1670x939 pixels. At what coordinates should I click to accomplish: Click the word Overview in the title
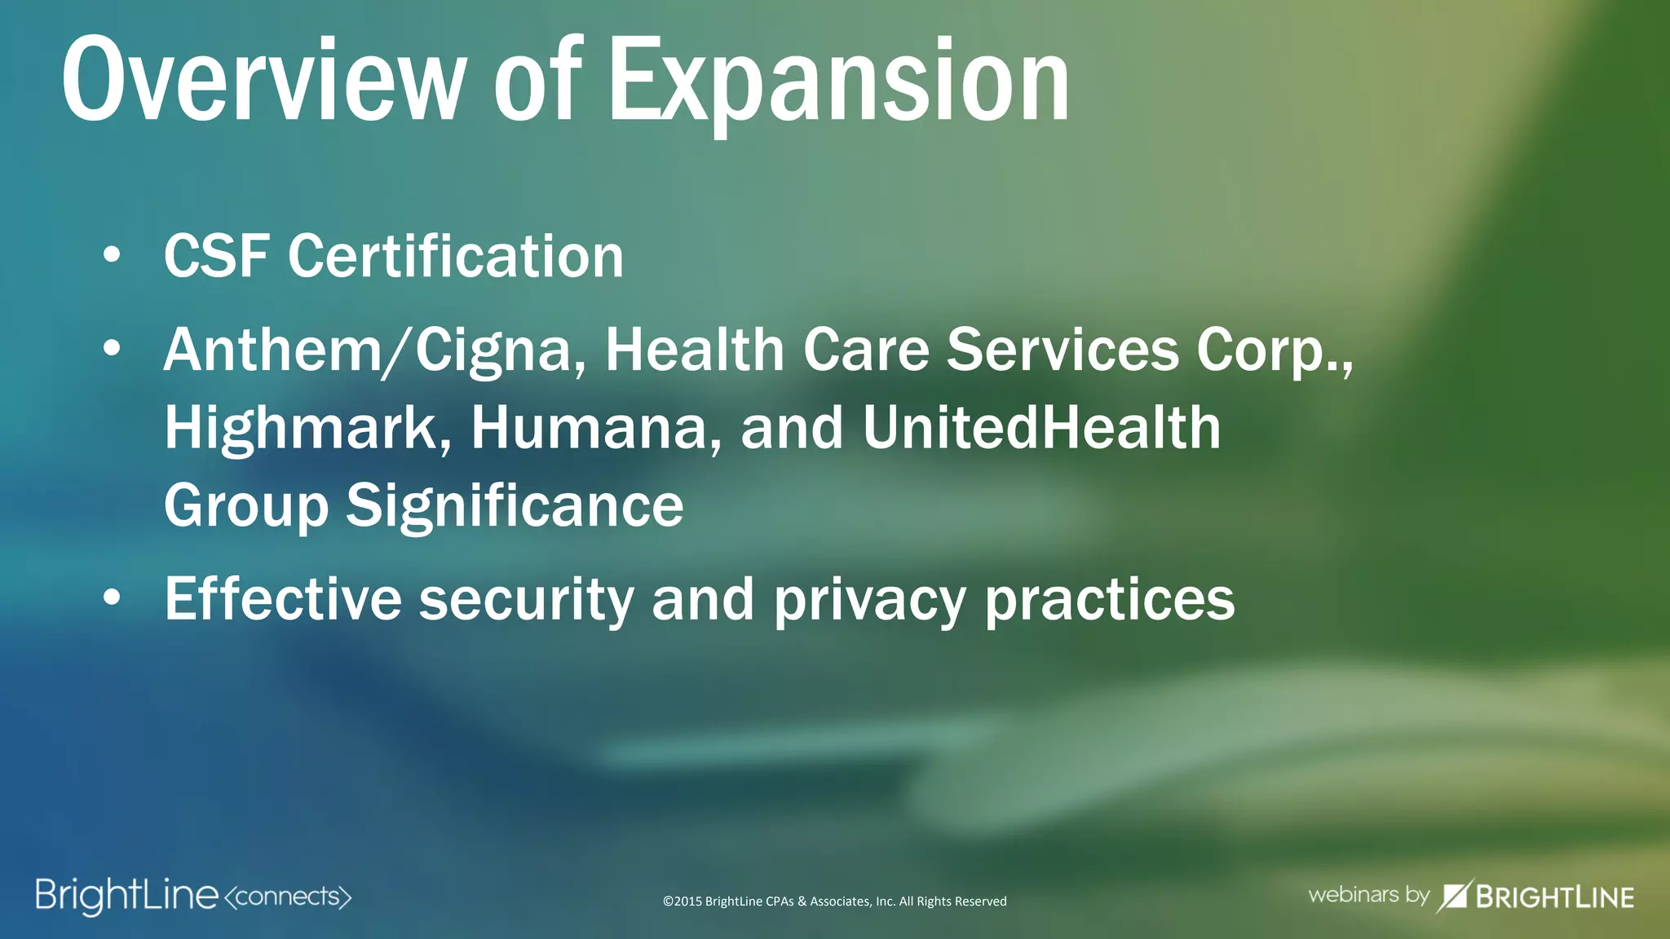pos(263,80)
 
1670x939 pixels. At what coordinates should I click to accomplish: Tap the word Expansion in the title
pos(838,82)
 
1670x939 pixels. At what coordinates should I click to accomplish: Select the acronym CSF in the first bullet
pos(216,256)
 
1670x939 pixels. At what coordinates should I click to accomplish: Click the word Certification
pos(456,256)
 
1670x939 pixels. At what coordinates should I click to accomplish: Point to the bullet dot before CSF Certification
pos(112,255)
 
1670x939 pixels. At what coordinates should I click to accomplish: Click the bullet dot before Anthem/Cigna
pos(112,348)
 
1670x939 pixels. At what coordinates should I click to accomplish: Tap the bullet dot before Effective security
pos(112,597)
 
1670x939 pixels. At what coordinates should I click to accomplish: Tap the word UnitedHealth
pos(1041,427)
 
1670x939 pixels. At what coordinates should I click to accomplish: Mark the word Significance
pos(514,505)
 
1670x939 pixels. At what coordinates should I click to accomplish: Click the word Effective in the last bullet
pos(283,599)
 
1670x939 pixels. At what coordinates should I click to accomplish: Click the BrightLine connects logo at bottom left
pos(193,897)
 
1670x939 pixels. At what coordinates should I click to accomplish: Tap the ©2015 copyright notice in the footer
pos(834,902)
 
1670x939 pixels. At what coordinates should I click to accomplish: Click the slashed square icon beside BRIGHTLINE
pos(1454,896)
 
